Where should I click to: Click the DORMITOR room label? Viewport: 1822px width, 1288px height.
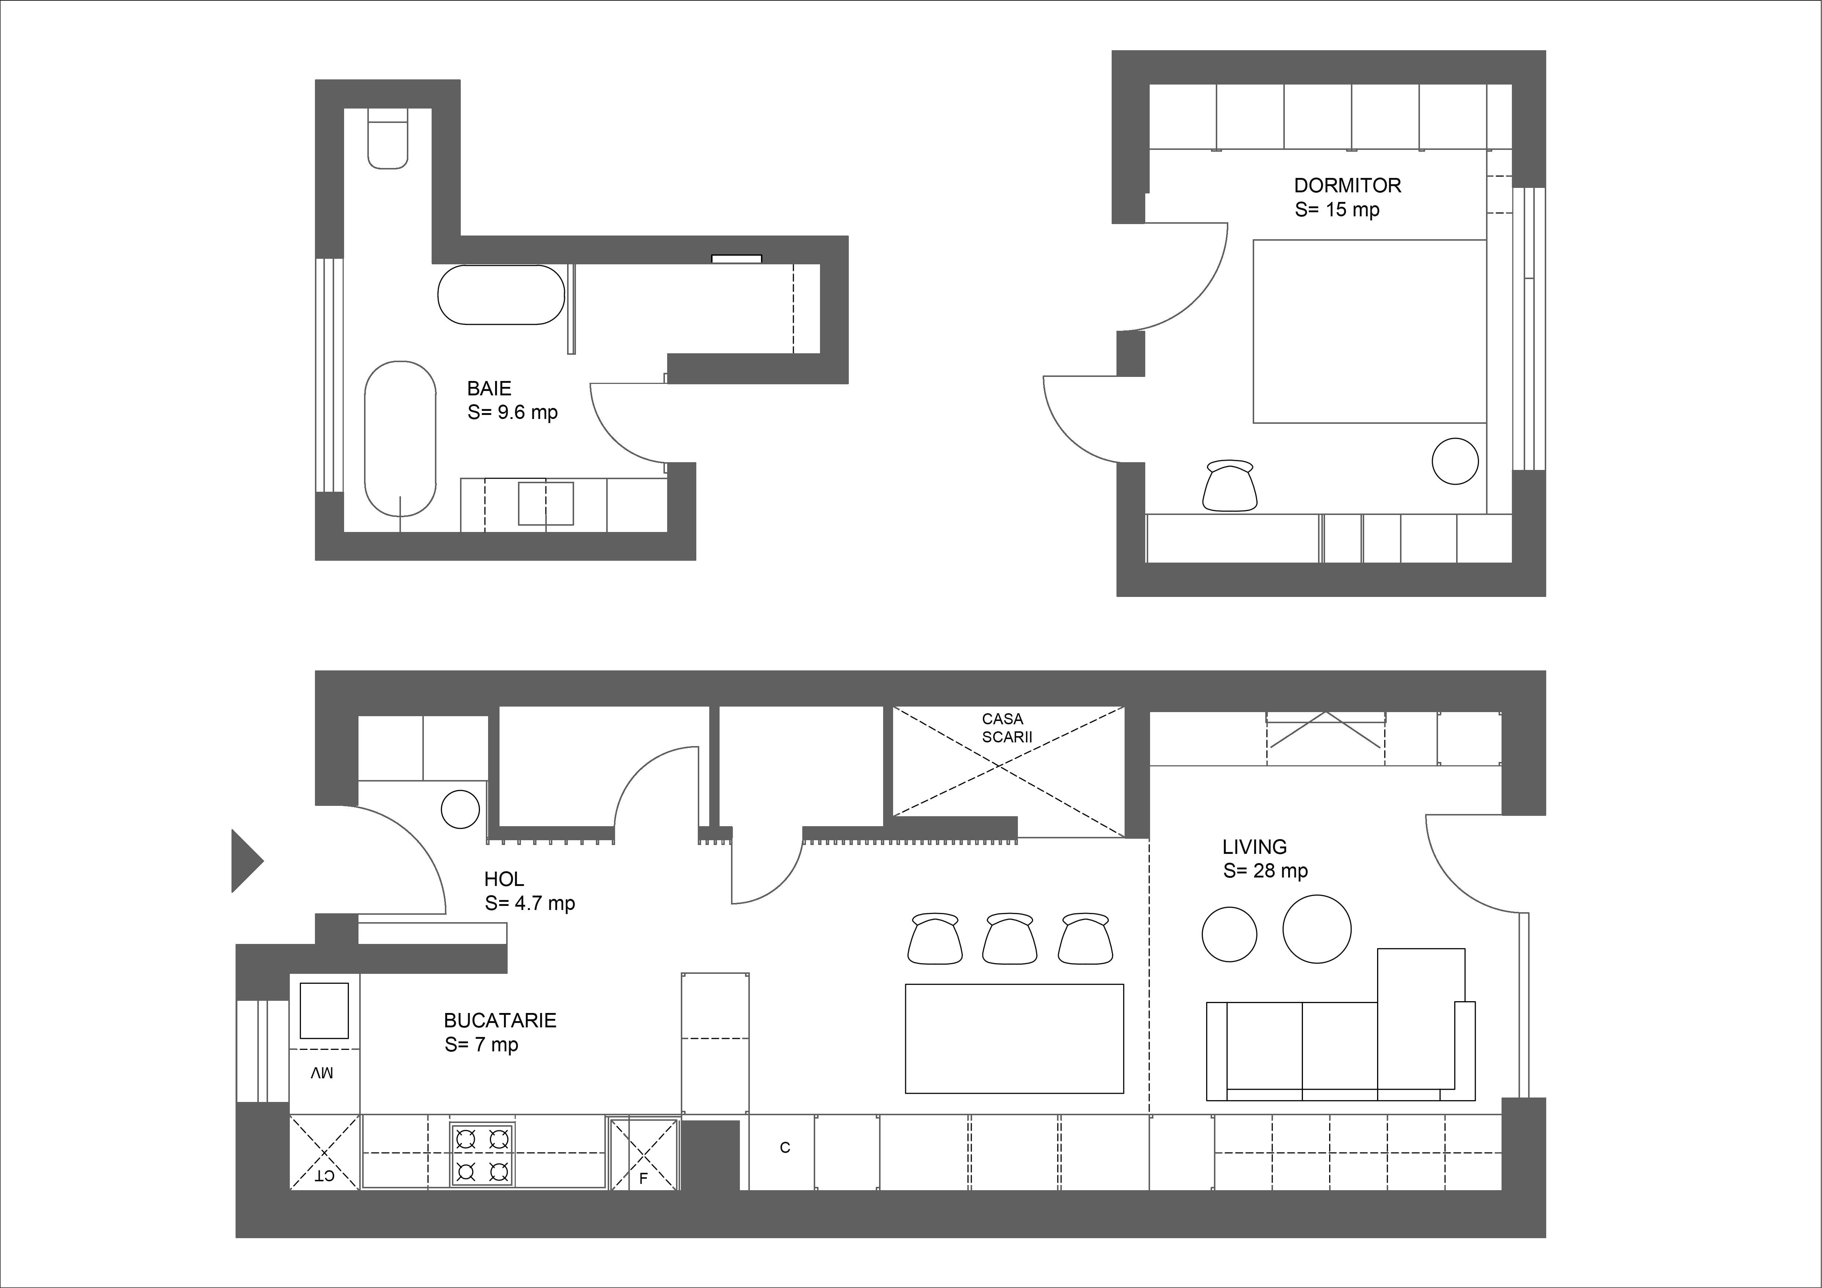(1348, 186)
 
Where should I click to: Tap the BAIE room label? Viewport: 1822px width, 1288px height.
(489, 389)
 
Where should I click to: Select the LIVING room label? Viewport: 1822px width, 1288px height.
(1255, 847)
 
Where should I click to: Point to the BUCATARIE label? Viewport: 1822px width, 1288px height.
(500, 1021)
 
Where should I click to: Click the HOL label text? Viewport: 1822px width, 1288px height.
(504, 879)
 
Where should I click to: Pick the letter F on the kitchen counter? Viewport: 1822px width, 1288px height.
(644, 1178)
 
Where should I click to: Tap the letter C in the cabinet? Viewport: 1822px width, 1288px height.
(785, 1147)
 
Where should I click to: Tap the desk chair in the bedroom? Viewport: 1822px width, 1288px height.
(1230, 485)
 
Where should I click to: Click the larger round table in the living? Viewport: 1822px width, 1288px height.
(1317, 929)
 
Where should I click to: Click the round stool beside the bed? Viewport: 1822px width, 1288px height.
(1455, 461)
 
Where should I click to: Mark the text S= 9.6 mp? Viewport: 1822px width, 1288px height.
(513, 413)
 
